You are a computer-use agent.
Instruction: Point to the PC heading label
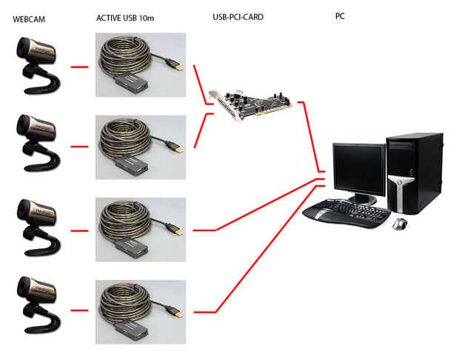pos(340,15)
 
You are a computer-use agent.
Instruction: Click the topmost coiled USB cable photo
pos(140,66)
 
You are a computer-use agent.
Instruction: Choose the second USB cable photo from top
pos(140,147)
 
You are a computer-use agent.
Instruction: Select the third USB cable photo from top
pos(140,229)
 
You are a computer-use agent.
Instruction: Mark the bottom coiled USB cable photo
pos(140,311)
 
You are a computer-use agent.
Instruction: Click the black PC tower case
pos(414,172)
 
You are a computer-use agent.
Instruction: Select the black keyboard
pos(347,213)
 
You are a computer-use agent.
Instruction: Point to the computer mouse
pos(400,223)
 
